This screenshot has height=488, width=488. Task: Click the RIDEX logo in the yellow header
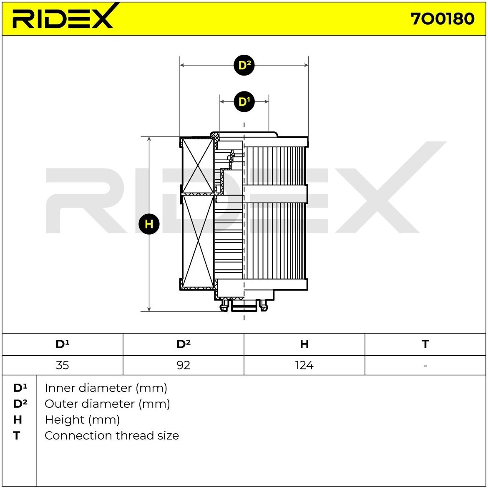[63, 18]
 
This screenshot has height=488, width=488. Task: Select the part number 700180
[443, 19]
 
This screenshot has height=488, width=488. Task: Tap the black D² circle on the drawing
[244, 65]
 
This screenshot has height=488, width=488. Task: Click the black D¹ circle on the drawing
[244, 101]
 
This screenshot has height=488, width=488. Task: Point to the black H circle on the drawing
[149, 224]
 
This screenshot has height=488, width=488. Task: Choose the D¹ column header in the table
[63, 344]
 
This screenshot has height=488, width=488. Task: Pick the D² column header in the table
[184, 344]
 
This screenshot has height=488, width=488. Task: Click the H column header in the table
[304, 344]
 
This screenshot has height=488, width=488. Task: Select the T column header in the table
[425, 344]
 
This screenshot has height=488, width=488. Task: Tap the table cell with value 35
[63, 365]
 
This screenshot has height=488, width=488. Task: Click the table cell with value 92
[184, 365]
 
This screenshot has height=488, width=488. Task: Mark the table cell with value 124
[304, 365]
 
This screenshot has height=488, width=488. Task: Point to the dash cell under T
[425, 365]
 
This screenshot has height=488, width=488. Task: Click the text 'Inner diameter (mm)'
[106, 388]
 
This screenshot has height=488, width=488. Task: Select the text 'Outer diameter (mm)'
[107, 404]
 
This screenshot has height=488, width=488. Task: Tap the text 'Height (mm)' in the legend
[82, 420]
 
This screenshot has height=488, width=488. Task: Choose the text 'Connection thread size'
[112, 436]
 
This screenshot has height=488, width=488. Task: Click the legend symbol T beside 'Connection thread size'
[17, 436]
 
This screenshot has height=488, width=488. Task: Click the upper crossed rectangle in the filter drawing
[198, 166]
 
